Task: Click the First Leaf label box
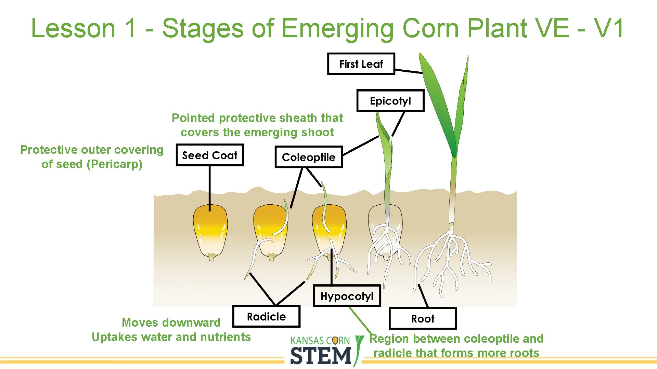click(x=361, y=64)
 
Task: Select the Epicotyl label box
click(x=390, y=101)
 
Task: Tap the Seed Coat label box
click(x=209, y=155)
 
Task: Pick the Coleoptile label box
click(x=308, y=157)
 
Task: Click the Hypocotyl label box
click(x=347, y=296)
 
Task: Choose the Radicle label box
click(x=266, y=317)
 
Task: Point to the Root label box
click(x=423, y=319)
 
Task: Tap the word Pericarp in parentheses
click(x=114, y=164)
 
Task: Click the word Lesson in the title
click(x=73, y=28)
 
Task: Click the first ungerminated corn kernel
click(x=210, y=232)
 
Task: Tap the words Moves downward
click(x=171, y=323)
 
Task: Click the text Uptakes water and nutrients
click(x=171, y=337)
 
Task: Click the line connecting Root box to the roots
click(x=423, y=296)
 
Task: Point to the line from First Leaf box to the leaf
click(x=409, y=71)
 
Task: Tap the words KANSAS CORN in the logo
click(x=320, y=341)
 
